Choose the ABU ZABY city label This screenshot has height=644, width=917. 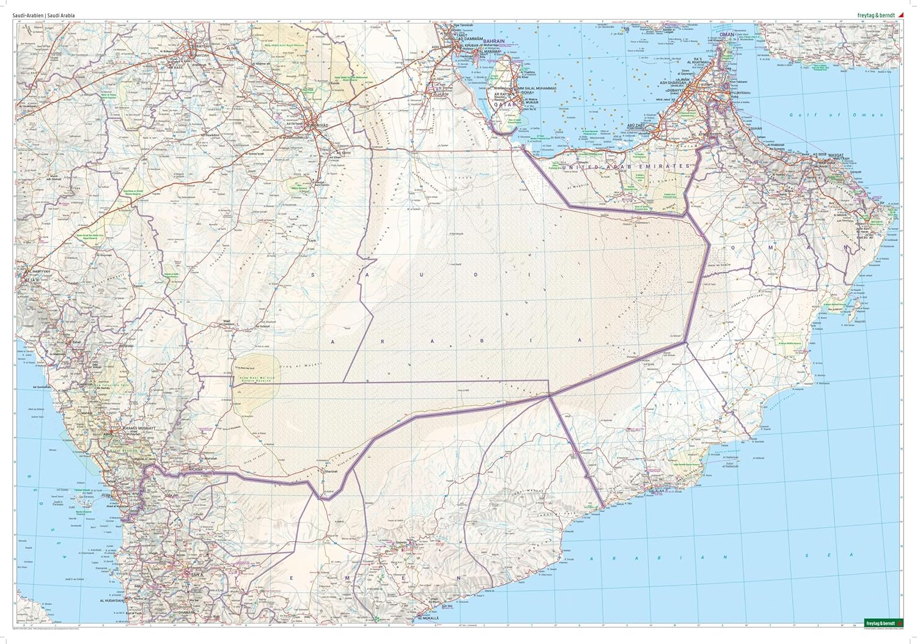636,124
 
